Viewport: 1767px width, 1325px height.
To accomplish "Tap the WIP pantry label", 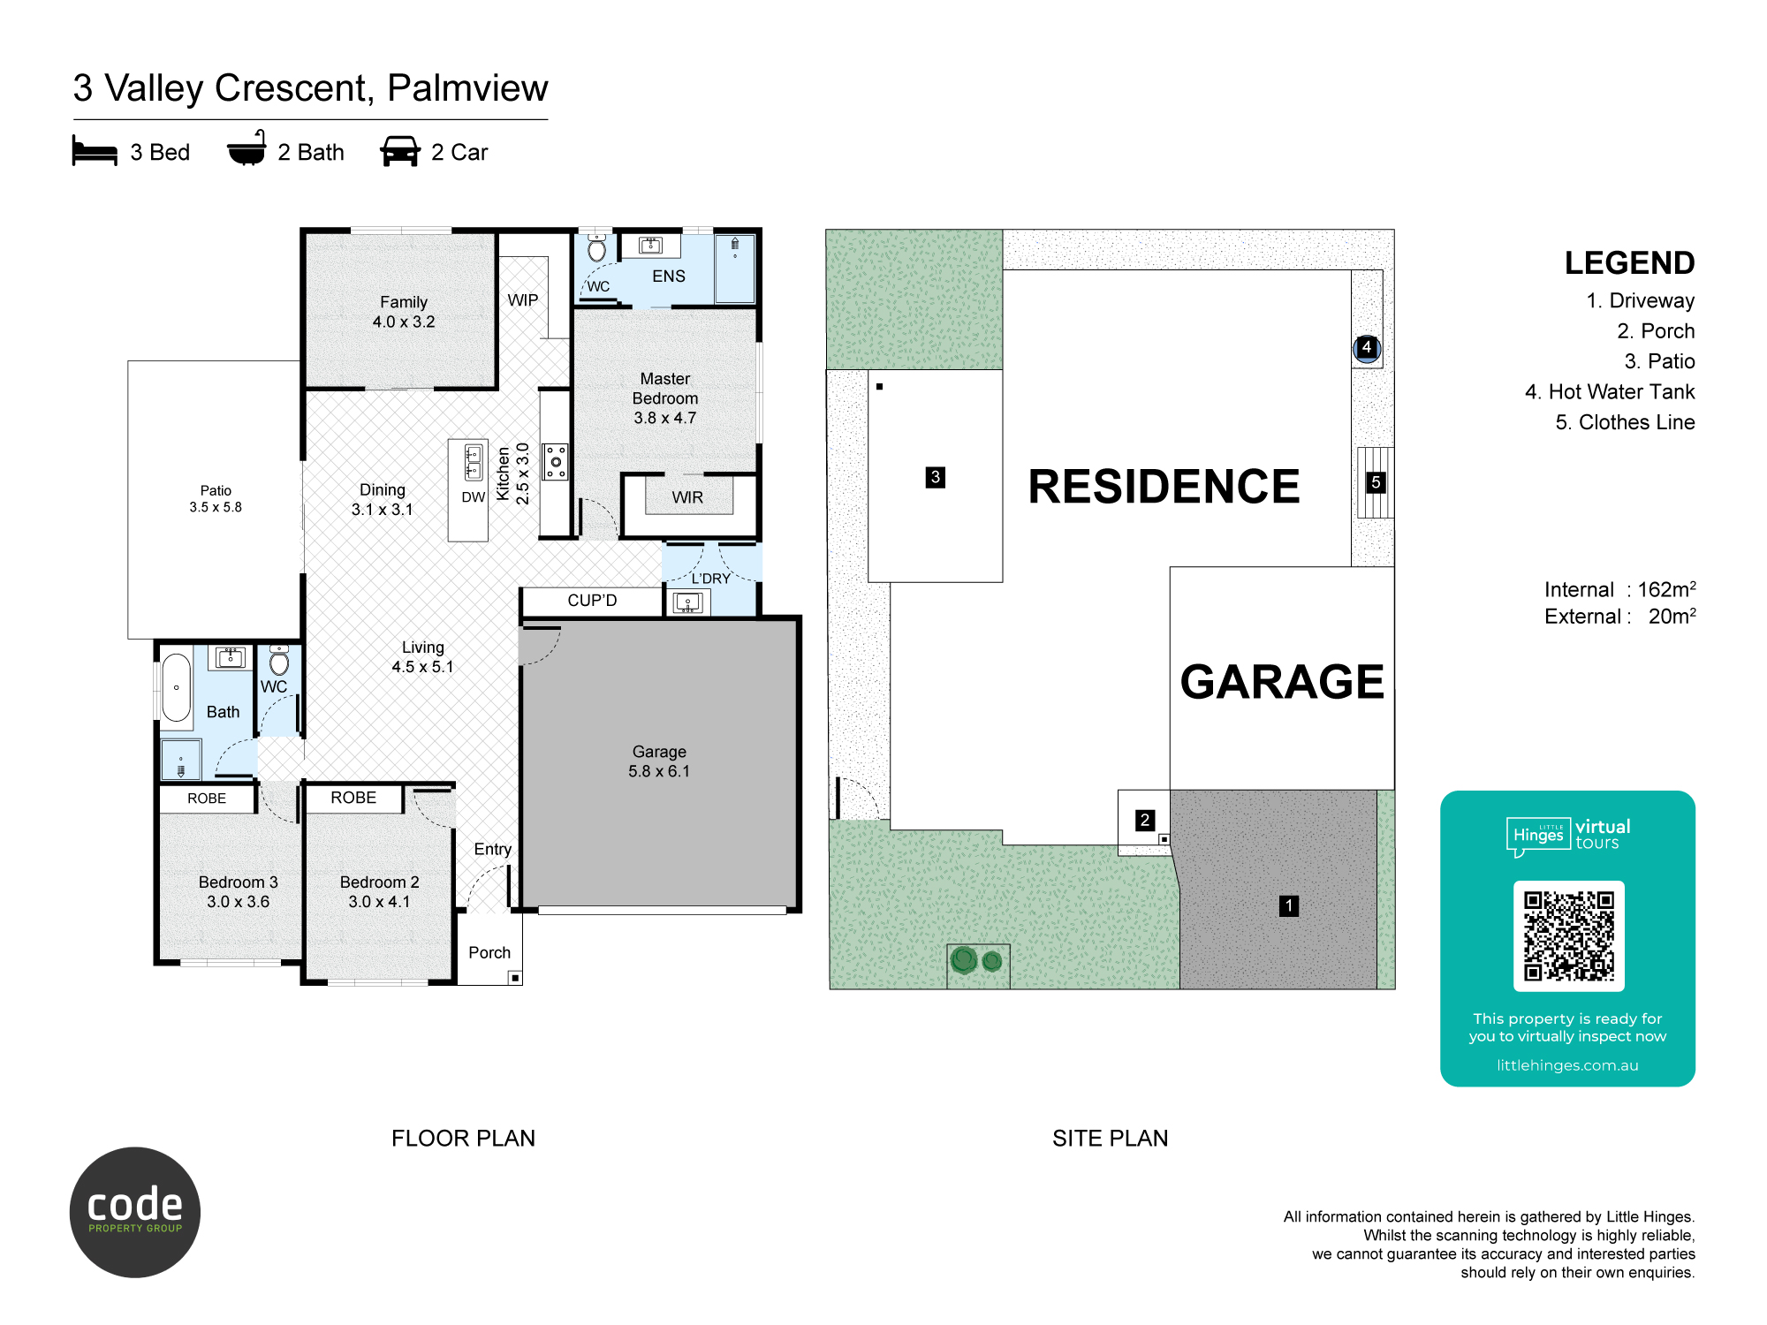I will [x=522, y=300].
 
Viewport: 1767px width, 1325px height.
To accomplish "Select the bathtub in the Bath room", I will [x=177, y=687].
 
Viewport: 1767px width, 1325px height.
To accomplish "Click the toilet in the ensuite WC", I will [x=597, y=249].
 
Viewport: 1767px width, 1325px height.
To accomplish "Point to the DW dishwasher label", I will [x=473, y=497].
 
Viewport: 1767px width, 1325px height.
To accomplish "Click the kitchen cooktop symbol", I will [x=556, y=462].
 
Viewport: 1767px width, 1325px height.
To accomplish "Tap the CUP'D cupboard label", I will [x=592, y=601].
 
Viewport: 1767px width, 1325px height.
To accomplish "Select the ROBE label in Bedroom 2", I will [x=353, y=798].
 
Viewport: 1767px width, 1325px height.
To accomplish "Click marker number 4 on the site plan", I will [x=1367, y=347].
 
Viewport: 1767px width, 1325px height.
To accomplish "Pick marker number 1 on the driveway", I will [x=1289, y=905].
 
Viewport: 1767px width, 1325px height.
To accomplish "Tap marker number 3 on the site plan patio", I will [x=936, y=478].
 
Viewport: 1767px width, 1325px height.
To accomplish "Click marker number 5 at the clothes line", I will [x=1376, y=482].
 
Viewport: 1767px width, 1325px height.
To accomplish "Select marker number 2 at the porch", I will [x=1145, y=820].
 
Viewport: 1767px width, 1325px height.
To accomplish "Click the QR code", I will [x=1568, y=936].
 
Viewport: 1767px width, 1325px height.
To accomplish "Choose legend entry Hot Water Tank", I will [x=1610, y=392].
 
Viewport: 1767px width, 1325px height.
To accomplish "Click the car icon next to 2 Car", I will [x=400, y=151].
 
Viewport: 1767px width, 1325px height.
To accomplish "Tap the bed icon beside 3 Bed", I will [x=95, y=151].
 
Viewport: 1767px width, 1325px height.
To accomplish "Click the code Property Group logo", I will [x=135, y=1212].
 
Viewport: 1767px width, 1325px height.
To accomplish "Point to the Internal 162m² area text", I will [x=1619, y=589].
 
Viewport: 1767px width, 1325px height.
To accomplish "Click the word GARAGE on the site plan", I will [x=1282, y=682].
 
